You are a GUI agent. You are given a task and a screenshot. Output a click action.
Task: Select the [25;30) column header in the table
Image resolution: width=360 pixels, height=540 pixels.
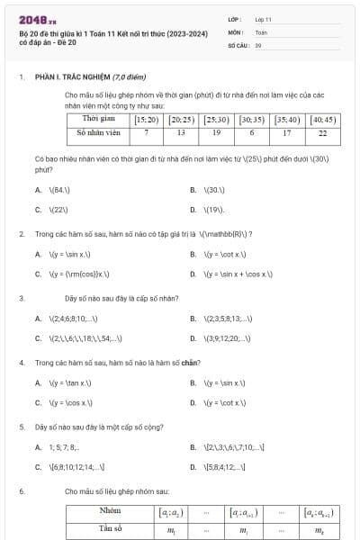click(x=216, y=119)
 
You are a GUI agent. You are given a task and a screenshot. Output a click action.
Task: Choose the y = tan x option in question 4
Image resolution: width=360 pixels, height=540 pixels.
click(x=74, y=382)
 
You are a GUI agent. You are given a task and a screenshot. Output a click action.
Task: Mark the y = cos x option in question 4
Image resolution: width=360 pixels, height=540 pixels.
click(x=74, y=403)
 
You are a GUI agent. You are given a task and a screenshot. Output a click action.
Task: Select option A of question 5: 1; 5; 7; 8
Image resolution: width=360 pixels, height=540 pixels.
click(x=70, y=447)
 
